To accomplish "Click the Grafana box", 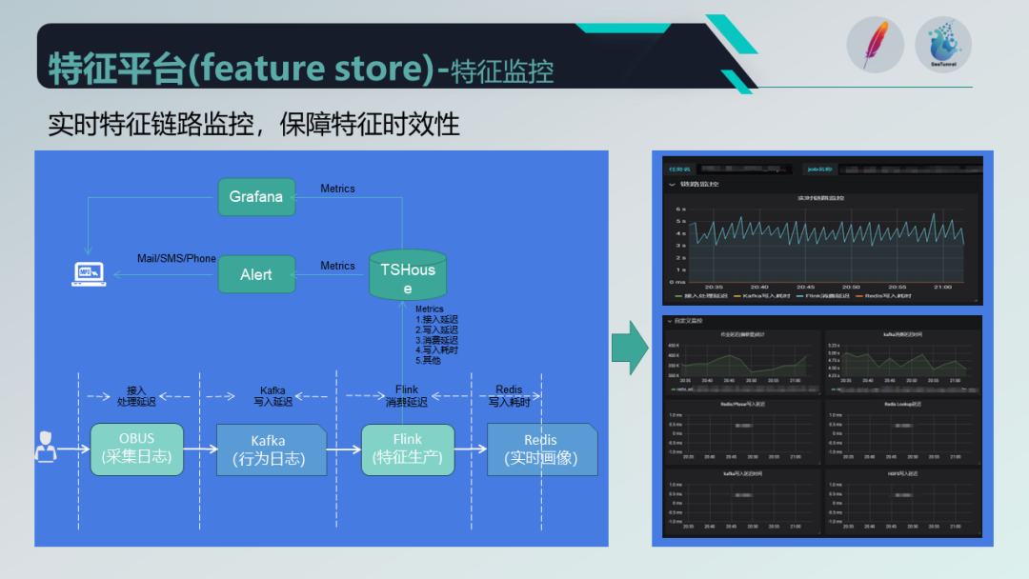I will (x=256, y=197).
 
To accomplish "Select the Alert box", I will (x=256, y=274).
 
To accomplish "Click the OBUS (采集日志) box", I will (x=136, y=449).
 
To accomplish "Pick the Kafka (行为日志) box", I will (x=270, y=449).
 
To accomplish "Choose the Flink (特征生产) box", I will (x=408, y=449).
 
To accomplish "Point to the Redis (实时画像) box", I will (x=541, y=449).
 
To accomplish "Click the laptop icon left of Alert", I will (x=90, y=274).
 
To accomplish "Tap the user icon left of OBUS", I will (x=45, y=447).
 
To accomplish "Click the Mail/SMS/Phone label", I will (x=176, y=258).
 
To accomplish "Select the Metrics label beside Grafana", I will (x=337, y=189).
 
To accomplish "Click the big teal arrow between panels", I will (x=629, y=348).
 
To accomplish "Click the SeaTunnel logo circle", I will (x=942, y=45).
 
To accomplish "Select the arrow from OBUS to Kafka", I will (x=199, y=449).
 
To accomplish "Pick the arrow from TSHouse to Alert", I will (x=330, y=274).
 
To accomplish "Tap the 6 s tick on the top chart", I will (x=679, y=209).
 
